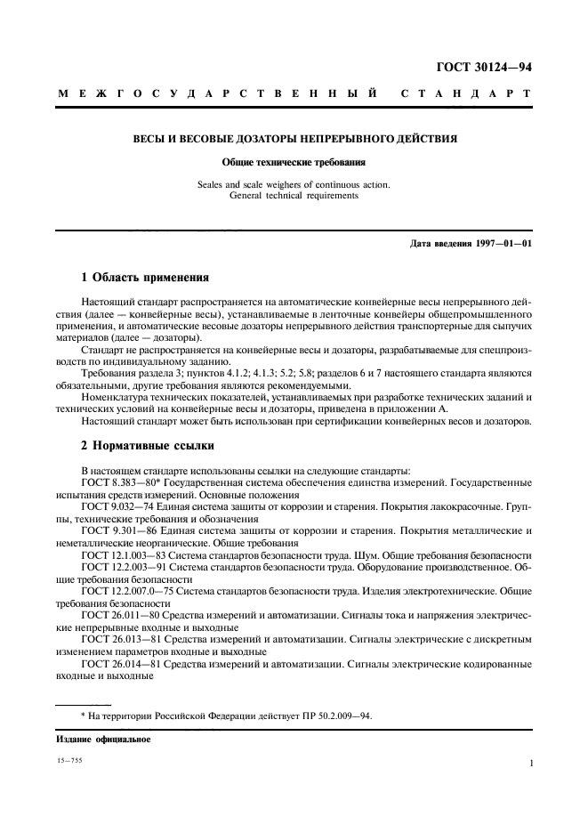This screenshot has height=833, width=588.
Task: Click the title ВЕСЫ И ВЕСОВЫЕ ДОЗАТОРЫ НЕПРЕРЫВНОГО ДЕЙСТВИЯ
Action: [x=294, y=140]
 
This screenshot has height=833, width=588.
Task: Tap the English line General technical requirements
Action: [x=294, y=196]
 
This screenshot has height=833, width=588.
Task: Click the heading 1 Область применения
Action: [x=145, y=277]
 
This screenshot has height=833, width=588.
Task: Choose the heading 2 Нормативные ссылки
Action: [x=147, y=446]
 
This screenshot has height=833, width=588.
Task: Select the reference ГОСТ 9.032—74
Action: [x=116, y=505]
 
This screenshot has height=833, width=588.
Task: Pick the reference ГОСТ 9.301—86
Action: [x=116, y=530]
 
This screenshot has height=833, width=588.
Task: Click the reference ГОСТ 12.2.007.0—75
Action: [x=130, y=591]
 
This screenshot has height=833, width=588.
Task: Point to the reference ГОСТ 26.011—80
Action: [x=119, y=615]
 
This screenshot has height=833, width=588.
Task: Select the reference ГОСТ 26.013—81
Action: [x=119, y=639]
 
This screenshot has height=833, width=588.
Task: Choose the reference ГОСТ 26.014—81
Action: [x=119, y=663]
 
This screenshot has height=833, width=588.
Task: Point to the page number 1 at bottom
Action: [x=530, y=763]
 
